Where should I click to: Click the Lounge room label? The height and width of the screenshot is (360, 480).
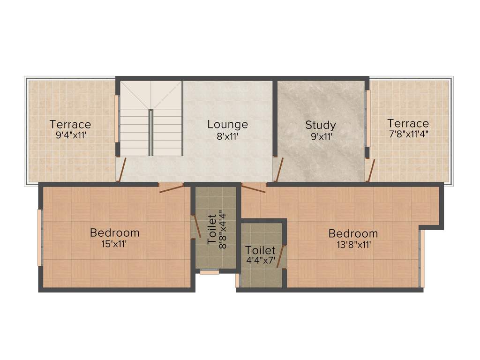pyautogui.click(x=227, y=125)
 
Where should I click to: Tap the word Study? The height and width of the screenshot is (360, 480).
pyautogui.click(x=321, y=125)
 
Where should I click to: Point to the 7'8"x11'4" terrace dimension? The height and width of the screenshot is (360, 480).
pyautogui.click(x=408, y=133)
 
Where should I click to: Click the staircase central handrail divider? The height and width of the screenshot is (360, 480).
pyautogui.click(x=151, y=132)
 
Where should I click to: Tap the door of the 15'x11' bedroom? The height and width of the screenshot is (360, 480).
pyautogui.click(x=171, y=188)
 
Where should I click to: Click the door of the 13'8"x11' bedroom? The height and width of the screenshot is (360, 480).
pyautogui.click(x=253, y=188)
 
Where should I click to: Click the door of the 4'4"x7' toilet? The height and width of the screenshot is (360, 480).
pyautogui.click(x=281, y=256)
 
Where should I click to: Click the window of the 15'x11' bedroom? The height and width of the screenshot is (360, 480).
pyautogui.click(x=40, y=238)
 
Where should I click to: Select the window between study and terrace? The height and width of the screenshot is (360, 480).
pyautogui.click(x=368, y=118)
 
